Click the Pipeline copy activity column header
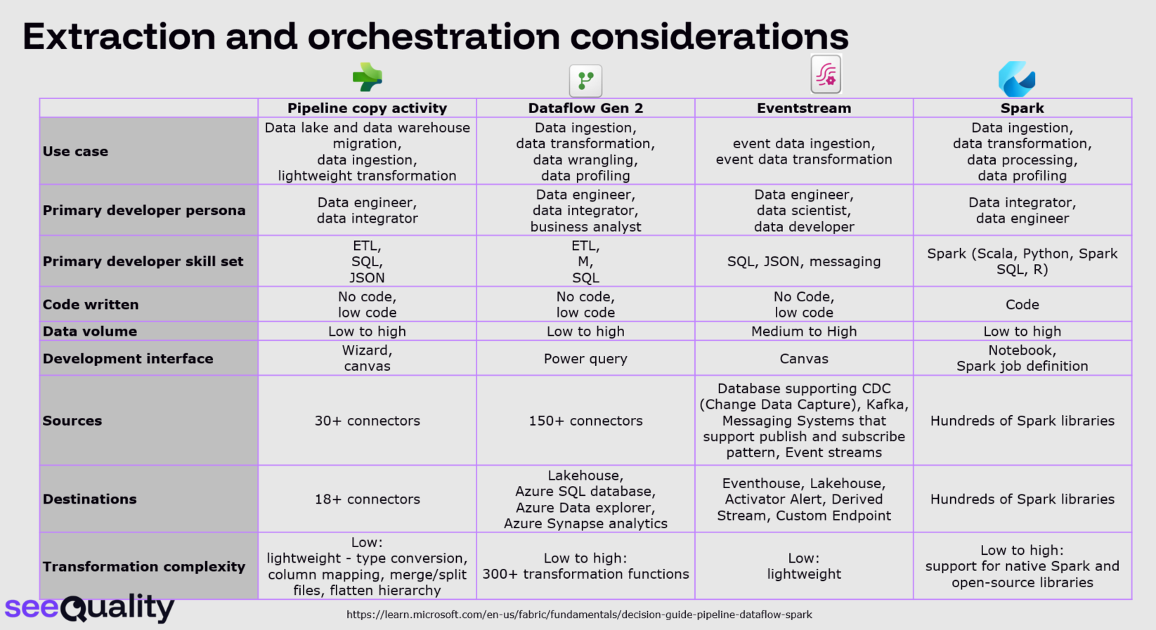[367, 108]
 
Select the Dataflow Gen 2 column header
[585, 108]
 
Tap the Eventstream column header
[803, 108]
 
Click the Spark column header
[1022, 108]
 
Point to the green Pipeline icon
[368, 77]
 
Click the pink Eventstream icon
[826, 74]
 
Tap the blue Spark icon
[1017, 79]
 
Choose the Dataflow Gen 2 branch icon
[586, 81]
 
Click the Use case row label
[75, 151]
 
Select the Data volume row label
[90, 332]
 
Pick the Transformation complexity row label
[144, 567]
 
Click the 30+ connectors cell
[367, 421]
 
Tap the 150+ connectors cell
[585, 421]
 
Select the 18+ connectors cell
[367, 499]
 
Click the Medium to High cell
[803, 332]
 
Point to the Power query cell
[585, 359]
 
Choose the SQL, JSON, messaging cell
[803, 261]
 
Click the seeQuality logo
[89, 608]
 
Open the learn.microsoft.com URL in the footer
[579, 615]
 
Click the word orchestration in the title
[434, 36]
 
